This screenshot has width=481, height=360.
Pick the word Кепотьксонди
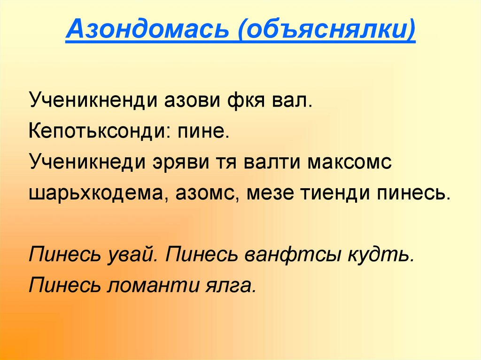tap(96, 131)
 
